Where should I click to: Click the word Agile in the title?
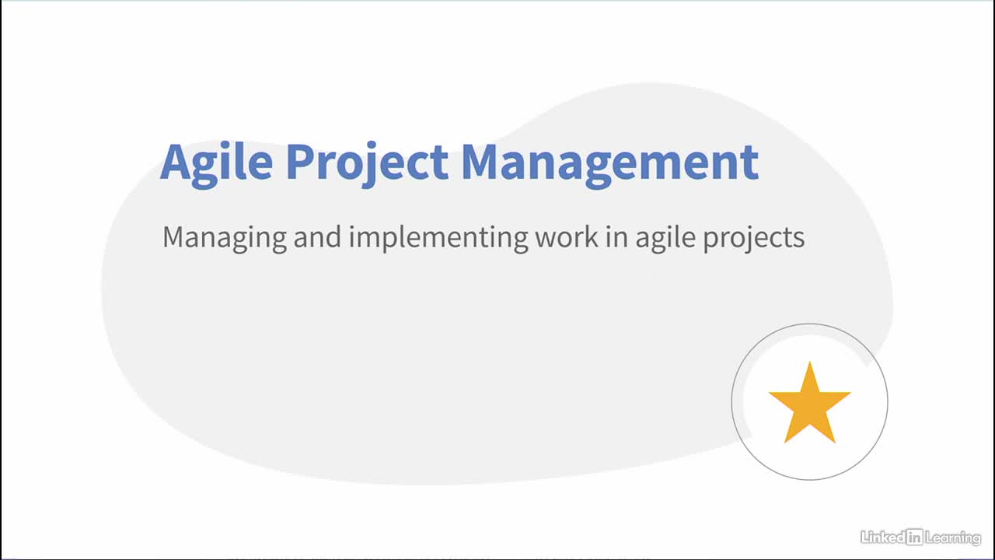point(216,164)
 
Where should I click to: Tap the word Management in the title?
point(610,164)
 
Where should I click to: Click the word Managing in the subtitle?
point(225,239)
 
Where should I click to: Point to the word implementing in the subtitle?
point(438,239)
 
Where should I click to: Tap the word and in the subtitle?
point(317,236)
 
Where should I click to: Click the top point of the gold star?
point(810,362)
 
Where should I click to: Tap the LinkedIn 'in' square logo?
point(914,537)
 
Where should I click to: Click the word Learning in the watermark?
point(953,538)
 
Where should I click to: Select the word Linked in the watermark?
point(882,537)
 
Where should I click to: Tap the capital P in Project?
point(301,161)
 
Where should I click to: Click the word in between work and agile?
point(616,236)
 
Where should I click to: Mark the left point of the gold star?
point(770,393)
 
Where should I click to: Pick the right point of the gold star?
point(850,393)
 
